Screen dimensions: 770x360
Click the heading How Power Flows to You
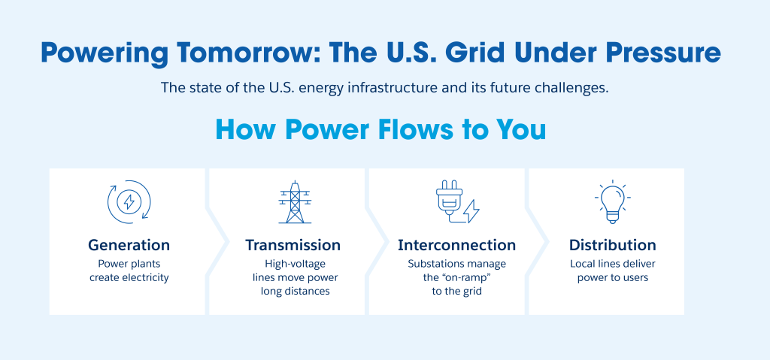pos(380,130)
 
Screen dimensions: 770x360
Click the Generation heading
pos(129,244)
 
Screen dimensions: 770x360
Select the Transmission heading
pos(293,244)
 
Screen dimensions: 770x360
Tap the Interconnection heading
pos(456,244)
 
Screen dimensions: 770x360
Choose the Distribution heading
pos(612,244)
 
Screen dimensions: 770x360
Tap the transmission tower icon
pos(295,202)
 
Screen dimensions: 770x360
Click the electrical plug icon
pos(450,201)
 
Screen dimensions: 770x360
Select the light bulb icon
pos(612,202)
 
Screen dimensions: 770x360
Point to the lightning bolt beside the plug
pos(471,210)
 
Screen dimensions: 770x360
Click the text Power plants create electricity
pos(129,271)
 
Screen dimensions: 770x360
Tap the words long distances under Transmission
pos(295,292)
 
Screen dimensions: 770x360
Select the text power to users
pos(613,277)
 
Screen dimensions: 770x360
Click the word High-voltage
pos(295,265)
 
